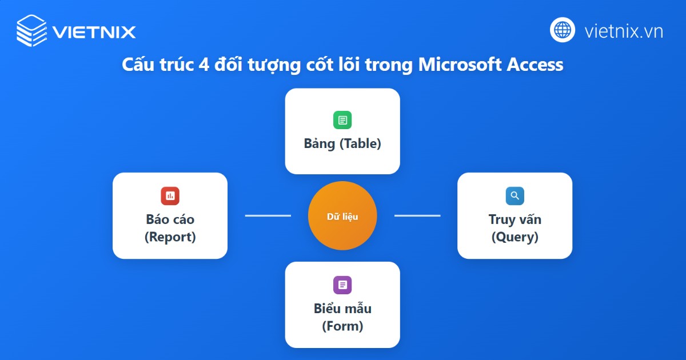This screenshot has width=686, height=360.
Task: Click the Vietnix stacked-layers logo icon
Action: [x=31, y=30]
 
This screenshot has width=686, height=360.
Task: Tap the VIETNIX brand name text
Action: [x=94, y=31]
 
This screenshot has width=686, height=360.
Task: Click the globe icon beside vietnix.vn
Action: [x=563, y=30]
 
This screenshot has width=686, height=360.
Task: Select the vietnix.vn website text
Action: [x=624, y=31]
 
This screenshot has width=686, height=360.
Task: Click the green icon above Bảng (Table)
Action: [x=342, y=120]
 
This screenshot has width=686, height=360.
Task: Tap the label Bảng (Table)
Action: [x=342, y=143]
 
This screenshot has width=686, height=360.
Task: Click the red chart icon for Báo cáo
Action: [x=170, y=196]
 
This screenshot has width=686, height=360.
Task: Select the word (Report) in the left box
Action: [x=170, y=237]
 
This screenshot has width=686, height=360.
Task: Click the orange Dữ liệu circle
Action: [x=342, y=216]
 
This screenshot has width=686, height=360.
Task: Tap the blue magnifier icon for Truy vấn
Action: [x=514, y=196]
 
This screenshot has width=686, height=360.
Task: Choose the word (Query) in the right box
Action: [x=514, y=237]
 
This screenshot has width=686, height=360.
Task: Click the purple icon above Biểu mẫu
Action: [x=342, y=285]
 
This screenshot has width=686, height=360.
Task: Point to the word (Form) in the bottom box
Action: [x=342, y=326]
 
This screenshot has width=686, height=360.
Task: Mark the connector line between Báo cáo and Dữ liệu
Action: [x=268, y=215]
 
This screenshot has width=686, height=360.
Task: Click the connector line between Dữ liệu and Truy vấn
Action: [x=417, y=215]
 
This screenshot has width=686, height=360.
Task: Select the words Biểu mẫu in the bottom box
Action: [x=342, y=309]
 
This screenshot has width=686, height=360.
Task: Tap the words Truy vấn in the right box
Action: [x=514, y=219]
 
